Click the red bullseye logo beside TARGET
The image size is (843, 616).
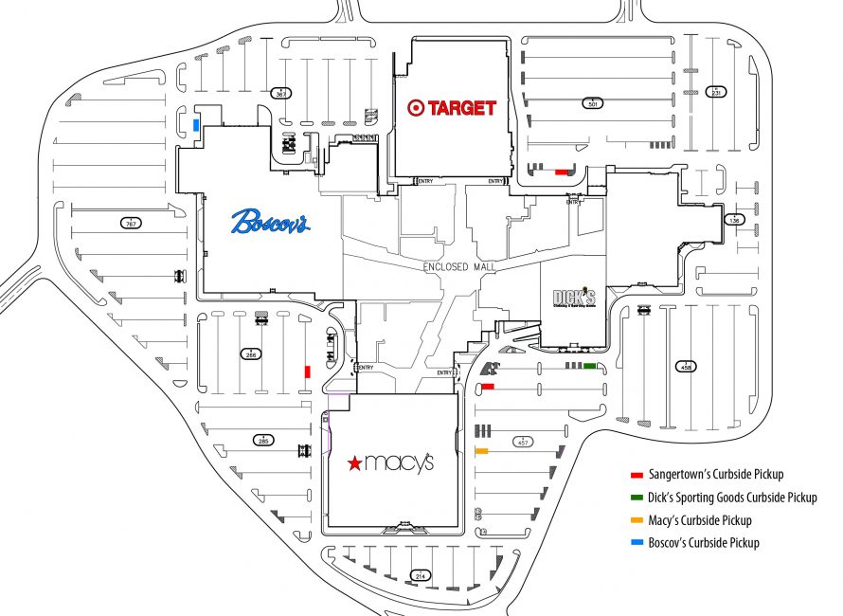coord(415,108)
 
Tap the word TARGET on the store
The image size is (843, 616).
coord(462,108)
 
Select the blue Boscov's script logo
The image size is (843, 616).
coord(270,223)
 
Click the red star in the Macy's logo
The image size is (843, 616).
coord(353,463)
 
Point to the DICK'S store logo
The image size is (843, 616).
coord(575,298)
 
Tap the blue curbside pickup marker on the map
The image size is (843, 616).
coord(196,125)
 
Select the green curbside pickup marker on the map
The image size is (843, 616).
coord(589,366)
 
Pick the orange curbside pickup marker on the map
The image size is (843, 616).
coord(481,451)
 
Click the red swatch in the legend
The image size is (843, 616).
coord(637,475)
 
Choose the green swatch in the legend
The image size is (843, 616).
coord(637,498)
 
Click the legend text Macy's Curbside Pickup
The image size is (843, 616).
coord(700,520)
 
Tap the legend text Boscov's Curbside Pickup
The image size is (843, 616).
coord(704,543)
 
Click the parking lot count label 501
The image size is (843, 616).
coord(594,103)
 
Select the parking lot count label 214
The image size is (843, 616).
coord(420,575)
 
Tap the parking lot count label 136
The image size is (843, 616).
coord(733,220)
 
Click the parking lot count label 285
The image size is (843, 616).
coord(262,440)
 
